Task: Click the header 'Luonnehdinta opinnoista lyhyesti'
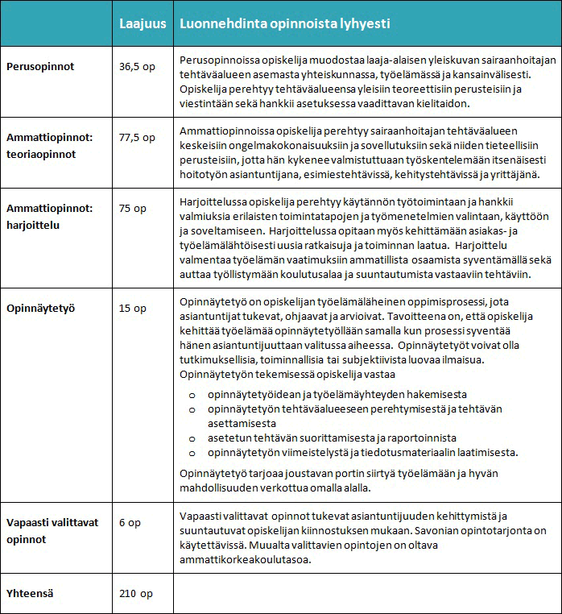point(285,24)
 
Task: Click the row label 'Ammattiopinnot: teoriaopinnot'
point(50,144)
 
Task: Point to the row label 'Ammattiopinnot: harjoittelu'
point(50,215)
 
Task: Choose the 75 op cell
point(133,208)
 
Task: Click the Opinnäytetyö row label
point(42,309)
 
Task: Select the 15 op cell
point(133,309)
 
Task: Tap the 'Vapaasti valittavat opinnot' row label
point(52,530)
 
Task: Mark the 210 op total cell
point(136,594)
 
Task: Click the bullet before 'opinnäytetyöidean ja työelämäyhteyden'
point(192,395)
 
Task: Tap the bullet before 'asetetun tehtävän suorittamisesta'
point(192,438)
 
